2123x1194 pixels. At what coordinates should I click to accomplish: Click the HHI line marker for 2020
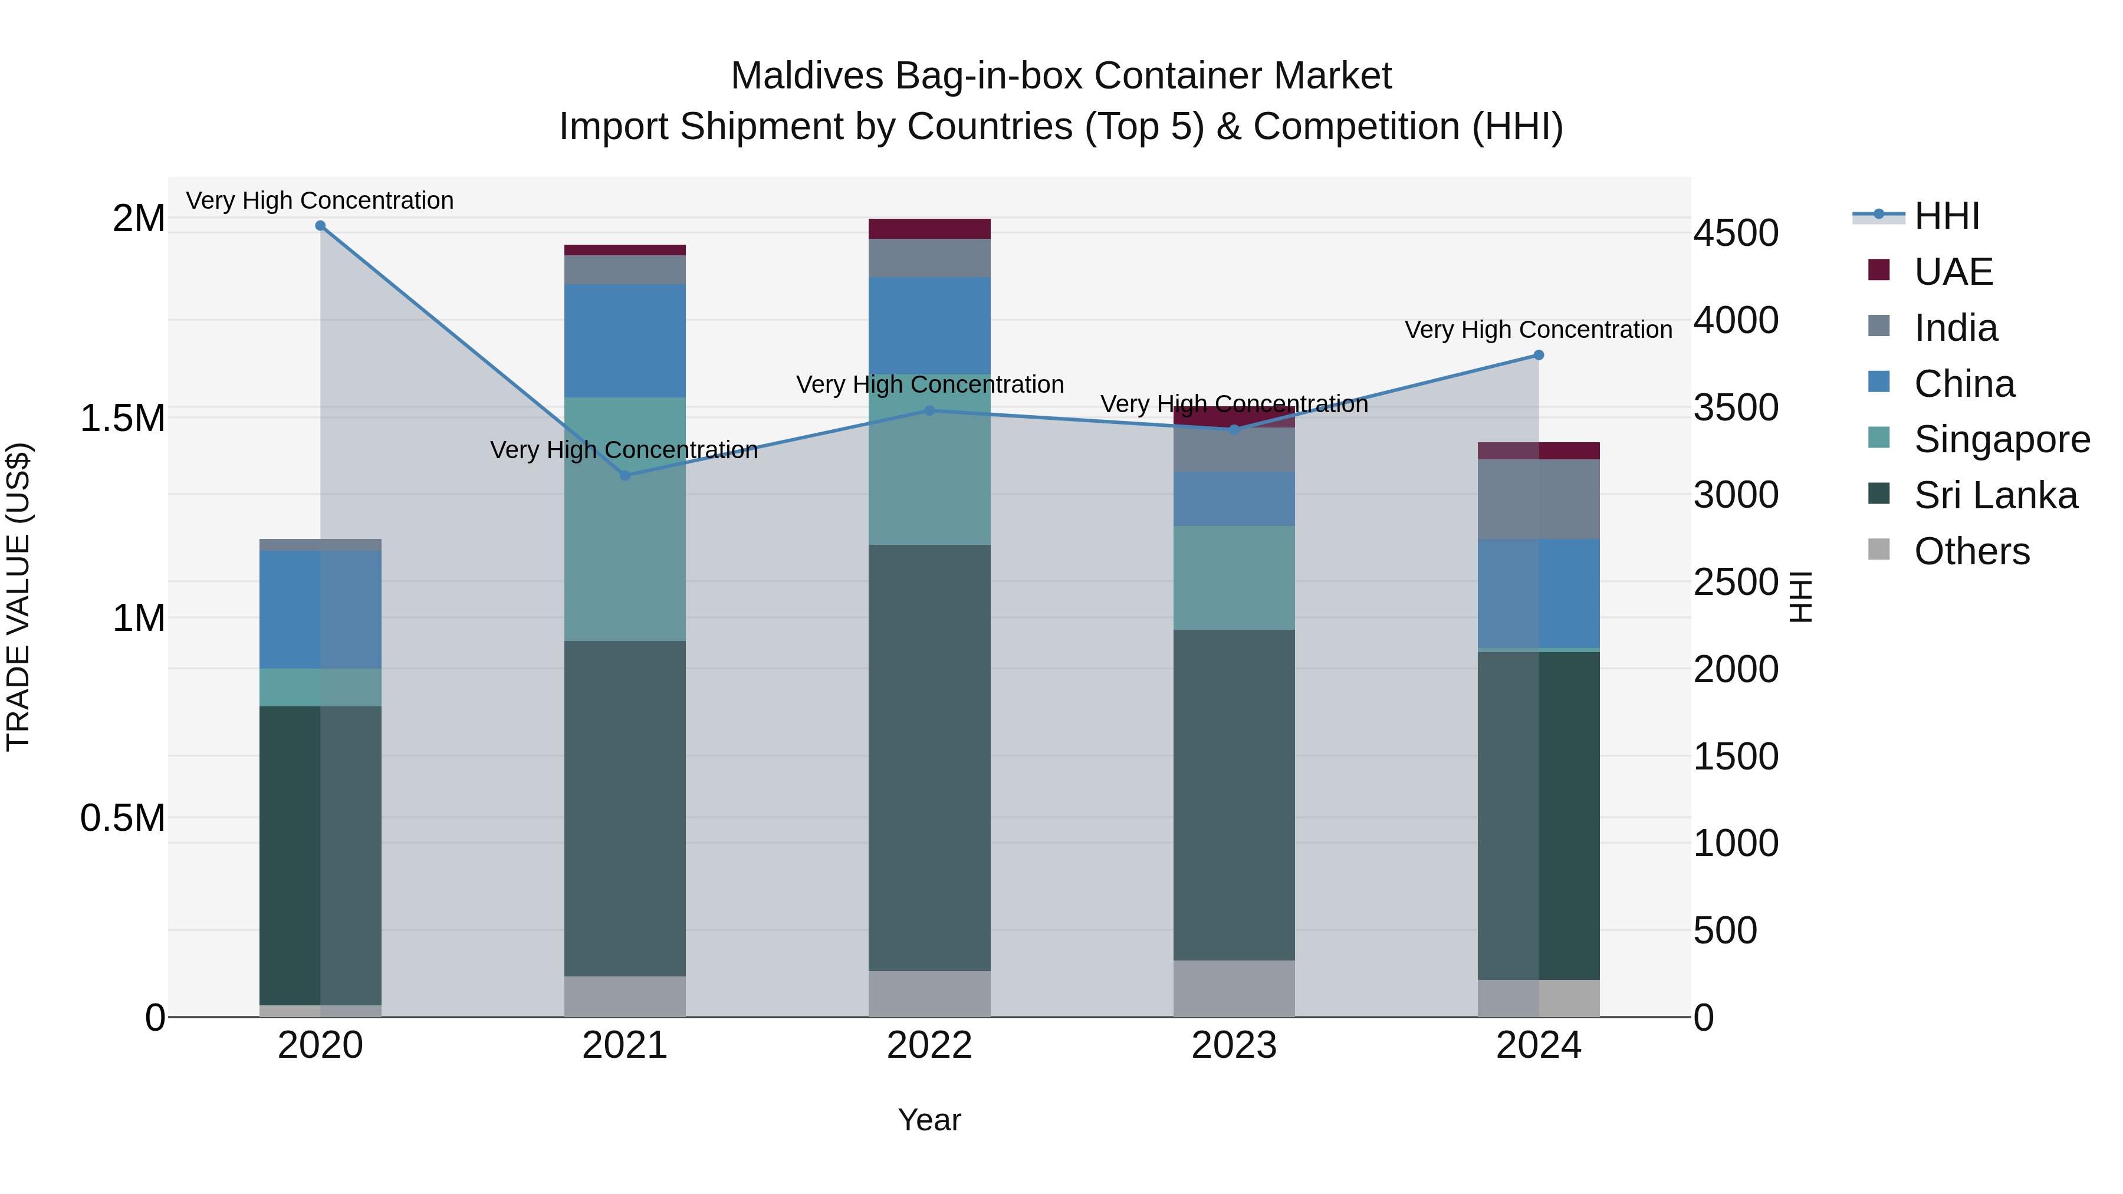pyautogui.click(x=321, y=226)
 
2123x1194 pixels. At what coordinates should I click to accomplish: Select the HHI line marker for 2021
pyautogui.click(x=625, y=475)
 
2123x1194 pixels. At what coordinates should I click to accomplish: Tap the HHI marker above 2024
pyautogui.click(x=1538, y=355)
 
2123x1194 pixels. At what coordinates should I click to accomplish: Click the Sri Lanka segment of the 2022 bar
pyautogui.click(x=929, y=758)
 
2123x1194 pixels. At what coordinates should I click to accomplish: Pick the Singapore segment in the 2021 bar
pyautogui.click(x=625, y=519)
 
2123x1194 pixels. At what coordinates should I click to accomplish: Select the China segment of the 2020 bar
pyautogui.click(x=321, y=610)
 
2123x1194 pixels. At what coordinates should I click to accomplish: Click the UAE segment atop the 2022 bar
pyautogui.click(x=929, y=229)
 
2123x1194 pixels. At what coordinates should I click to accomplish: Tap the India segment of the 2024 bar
pyautogui.click(x=1538, y=499)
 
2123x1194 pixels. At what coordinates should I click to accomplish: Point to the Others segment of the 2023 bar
pyautogui.click(x=1234, y=988)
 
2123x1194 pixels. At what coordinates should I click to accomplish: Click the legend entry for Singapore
pyautogui.click(x=2001, y=439)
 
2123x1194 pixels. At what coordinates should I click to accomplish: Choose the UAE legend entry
pyautogui.click(x=1953, y=272)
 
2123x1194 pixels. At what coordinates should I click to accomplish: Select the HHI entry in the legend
pyautogui.click(x=1946, y=216)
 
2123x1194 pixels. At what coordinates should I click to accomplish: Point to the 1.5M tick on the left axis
pyautogui.click(x=123, y=419)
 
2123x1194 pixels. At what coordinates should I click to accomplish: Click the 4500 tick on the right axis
pyautogui.click(x=1736, y=233)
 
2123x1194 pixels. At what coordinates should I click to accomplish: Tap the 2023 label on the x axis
pyautogui.click(x=1234, y=1045)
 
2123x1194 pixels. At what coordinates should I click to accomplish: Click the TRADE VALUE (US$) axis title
pyautogui.click(x=18, y=597)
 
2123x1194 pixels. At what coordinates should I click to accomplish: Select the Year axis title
pyautogui.click(x=929, y=1120)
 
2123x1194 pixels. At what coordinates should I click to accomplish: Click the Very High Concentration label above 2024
pyautogui.click(x=1538, y=330)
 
